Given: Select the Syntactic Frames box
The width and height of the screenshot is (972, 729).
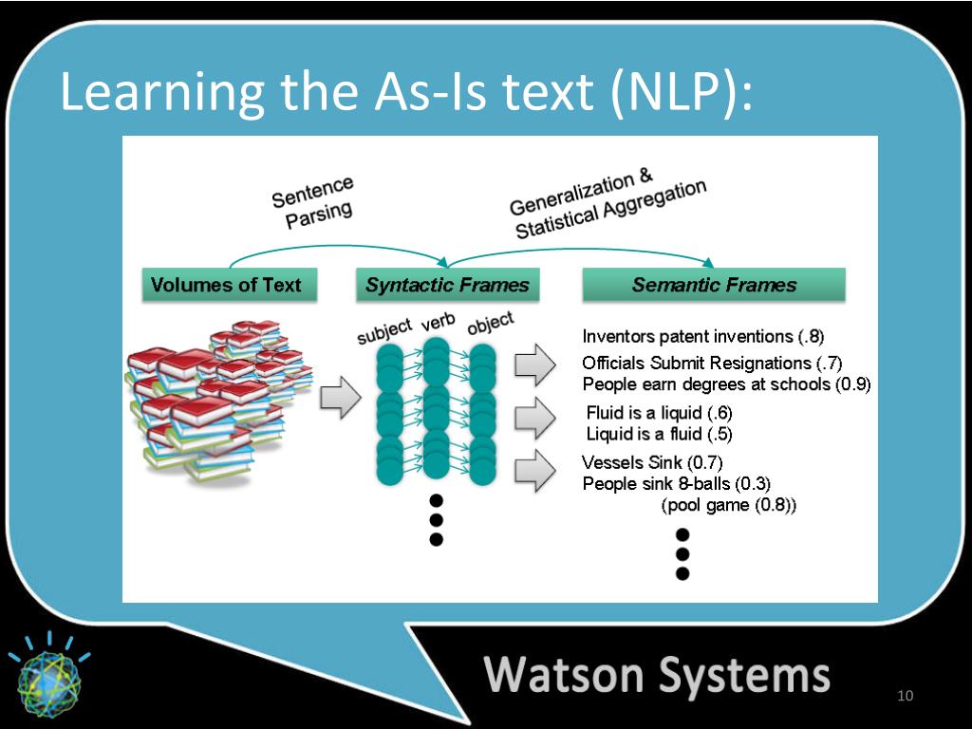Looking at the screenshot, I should coord(447,285).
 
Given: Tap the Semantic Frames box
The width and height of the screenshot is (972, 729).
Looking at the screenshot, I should coord(714,285).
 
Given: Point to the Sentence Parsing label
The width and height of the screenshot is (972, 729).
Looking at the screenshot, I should coord(313,203).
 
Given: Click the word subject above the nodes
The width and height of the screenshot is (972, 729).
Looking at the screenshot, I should coord(384,331).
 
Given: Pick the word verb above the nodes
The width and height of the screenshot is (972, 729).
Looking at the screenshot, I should coord(439,322).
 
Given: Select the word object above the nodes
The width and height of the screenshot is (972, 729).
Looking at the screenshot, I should coord(490,323).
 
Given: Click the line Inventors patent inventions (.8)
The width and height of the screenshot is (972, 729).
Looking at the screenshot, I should coord(703,336).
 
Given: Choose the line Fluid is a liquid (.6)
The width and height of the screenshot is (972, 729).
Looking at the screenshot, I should coord(659,414).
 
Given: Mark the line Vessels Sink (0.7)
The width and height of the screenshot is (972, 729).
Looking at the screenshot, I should coord(652,463).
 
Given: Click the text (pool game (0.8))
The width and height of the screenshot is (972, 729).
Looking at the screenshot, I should coord(728,505).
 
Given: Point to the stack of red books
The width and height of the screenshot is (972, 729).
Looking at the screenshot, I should coord(209,399).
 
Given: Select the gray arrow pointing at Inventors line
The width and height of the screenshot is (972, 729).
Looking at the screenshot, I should coord(533,364).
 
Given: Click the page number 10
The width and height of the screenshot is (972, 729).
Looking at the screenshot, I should coord(905,698).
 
